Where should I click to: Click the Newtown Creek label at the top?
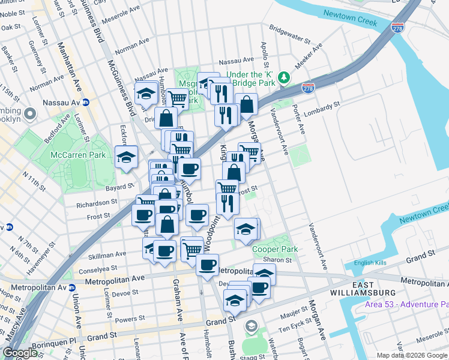pos(349,17)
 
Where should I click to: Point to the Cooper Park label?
pos(275,249)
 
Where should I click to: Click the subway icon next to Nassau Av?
pos(86,103)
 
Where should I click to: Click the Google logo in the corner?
pos(20,352)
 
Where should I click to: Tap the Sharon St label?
pos(280,260)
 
